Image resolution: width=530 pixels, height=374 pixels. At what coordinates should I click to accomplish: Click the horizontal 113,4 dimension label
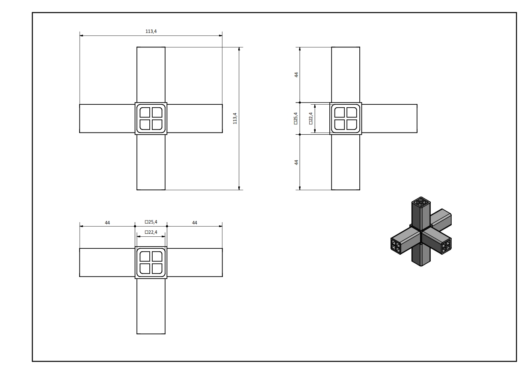(151, 31)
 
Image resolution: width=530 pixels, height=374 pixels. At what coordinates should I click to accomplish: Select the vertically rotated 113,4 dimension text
(235, 118)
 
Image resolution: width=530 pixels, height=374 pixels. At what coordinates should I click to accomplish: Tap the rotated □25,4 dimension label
(296, 118)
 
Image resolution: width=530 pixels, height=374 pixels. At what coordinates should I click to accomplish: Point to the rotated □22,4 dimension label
(311, 118)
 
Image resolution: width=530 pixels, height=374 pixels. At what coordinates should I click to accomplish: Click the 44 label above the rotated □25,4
(296, 75)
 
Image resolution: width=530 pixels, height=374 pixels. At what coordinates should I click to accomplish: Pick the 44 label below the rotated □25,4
(296, 162)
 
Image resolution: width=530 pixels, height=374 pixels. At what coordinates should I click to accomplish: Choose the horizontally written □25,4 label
(151, 222)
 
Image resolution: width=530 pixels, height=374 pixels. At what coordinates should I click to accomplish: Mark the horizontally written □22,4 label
(151, 232)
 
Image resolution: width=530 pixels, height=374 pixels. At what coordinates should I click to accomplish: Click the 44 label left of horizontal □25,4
(107, 223)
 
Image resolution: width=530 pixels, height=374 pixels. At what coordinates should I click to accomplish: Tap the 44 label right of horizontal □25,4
(195, 223)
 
